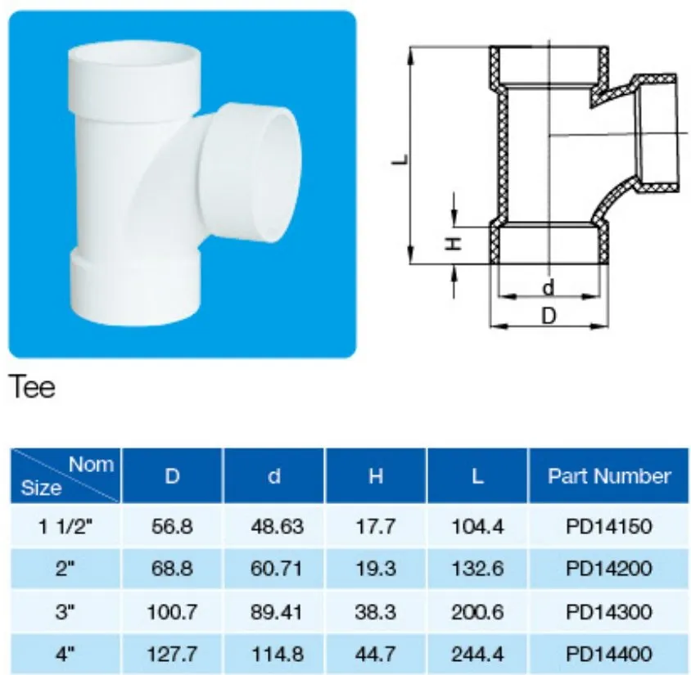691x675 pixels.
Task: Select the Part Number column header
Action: [609, 476]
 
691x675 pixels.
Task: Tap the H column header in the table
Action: [375, 476]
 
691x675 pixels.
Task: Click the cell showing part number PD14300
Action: [609, 610]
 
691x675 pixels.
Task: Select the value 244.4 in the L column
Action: [477, 653]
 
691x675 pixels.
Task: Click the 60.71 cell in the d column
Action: [275, 568]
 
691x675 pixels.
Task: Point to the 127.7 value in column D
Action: [173, 653]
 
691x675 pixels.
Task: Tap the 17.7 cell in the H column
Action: [375, 526]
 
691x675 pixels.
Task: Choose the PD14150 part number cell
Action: [609, 526]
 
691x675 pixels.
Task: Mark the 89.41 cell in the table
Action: [275, 610]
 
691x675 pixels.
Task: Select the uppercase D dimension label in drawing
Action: [549, 317]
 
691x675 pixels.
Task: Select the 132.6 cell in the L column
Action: [477, 568]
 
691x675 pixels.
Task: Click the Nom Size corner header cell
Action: [65, 476]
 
